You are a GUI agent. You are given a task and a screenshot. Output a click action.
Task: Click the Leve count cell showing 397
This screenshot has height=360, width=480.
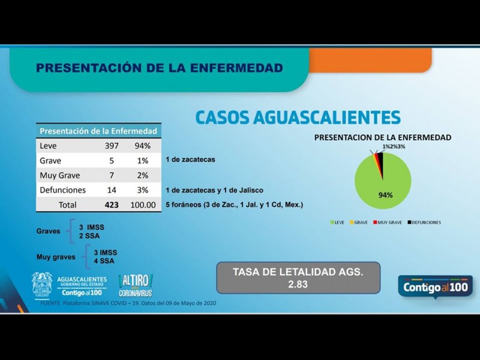click(112, 146)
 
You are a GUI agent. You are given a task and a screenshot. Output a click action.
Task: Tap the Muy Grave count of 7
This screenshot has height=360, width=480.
click(112, 175)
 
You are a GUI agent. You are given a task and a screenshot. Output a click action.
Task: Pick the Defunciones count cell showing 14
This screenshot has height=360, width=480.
click(112, 190)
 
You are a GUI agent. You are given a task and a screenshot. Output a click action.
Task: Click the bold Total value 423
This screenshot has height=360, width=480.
click(112, 205)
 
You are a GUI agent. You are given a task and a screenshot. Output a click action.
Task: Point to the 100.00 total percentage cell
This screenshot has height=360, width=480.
click(143, 205)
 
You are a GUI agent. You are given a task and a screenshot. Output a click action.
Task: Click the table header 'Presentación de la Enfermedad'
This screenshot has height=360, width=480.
click(98, 131)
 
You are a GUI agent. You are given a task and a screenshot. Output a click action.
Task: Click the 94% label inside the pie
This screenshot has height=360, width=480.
click(385, 195)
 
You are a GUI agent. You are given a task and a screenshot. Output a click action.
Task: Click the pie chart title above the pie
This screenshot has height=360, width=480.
click(383, 137)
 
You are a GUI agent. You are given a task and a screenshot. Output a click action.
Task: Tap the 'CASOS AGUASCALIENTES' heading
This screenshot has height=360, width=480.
click(298, 116)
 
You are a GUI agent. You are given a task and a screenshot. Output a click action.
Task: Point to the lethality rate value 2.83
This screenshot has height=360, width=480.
click(298, 285)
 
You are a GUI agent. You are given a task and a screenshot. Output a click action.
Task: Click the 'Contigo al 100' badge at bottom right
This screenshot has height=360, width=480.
click(435, 286)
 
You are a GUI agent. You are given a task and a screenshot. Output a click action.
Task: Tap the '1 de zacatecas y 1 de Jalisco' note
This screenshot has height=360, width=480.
click(214, 190)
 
